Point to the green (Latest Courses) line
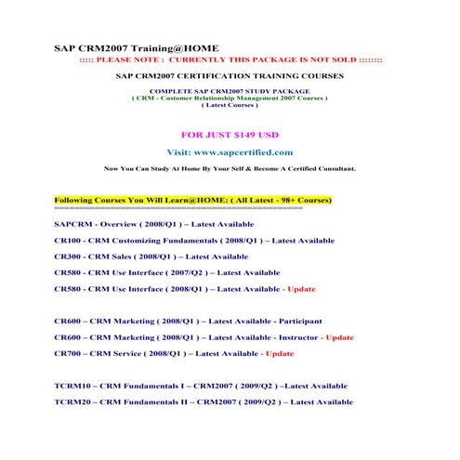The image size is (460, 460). coord(230,105)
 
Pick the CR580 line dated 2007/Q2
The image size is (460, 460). coord(166,272)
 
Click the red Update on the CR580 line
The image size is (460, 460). coord(303,289)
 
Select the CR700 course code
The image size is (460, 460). coord(69,353)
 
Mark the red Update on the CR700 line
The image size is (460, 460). coord(281,353)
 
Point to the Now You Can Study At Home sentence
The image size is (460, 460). coord(229,170)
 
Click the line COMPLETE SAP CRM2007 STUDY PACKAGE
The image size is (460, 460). coord(230,92)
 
